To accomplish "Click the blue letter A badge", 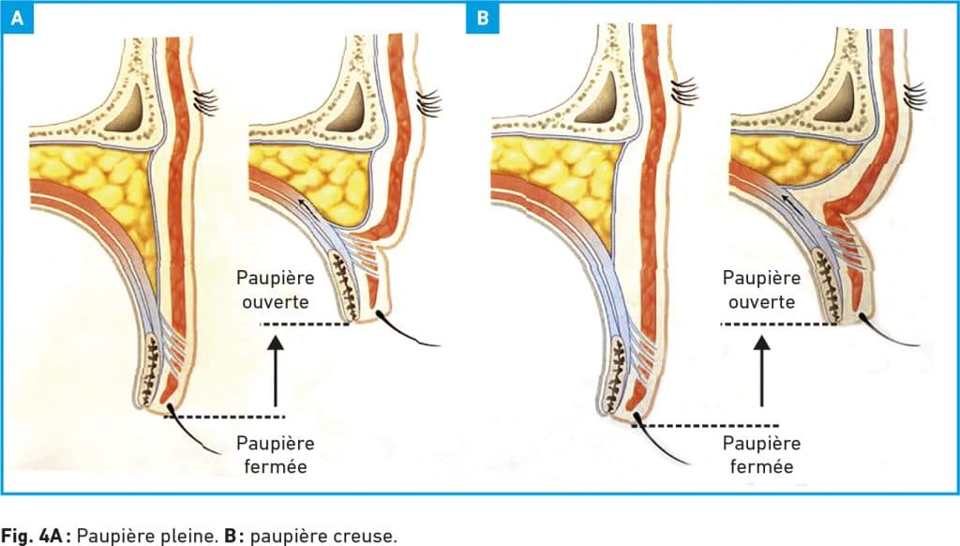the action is [17, 18].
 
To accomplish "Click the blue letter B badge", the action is [483, 18].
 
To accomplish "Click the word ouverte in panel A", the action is [275, 302].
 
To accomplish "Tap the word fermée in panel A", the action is [276, 466].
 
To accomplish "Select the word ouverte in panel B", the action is [761, 302].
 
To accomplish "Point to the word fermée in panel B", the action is [761, 466].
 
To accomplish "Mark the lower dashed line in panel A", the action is [225, 417].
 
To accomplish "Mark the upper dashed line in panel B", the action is [779, 325].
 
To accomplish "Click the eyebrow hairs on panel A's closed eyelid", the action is [205, 101].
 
